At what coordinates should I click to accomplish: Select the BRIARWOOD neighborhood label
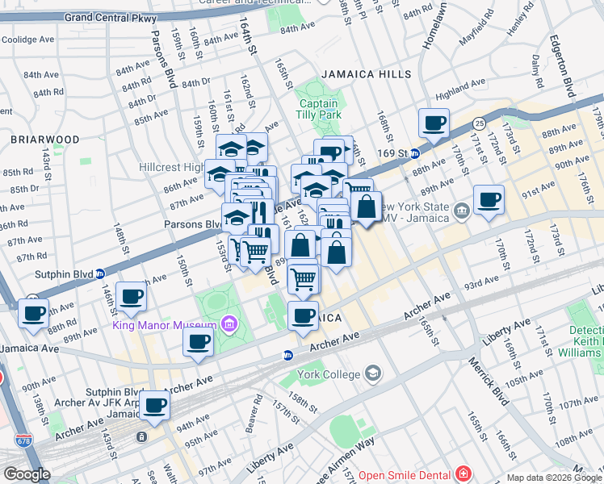coord(45,140)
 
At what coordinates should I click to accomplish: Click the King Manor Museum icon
coord(229,325)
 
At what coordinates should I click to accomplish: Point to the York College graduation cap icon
coord(374,373)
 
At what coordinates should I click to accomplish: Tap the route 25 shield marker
coord(480,123)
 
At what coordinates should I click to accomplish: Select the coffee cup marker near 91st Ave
coord(489,199)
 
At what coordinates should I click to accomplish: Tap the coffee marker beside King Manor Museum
coord(198,340)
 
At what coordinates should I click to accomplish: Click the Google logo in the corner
coord(27,474)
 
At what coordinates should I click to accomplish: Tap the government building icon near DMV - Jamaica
coord(461,212)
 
